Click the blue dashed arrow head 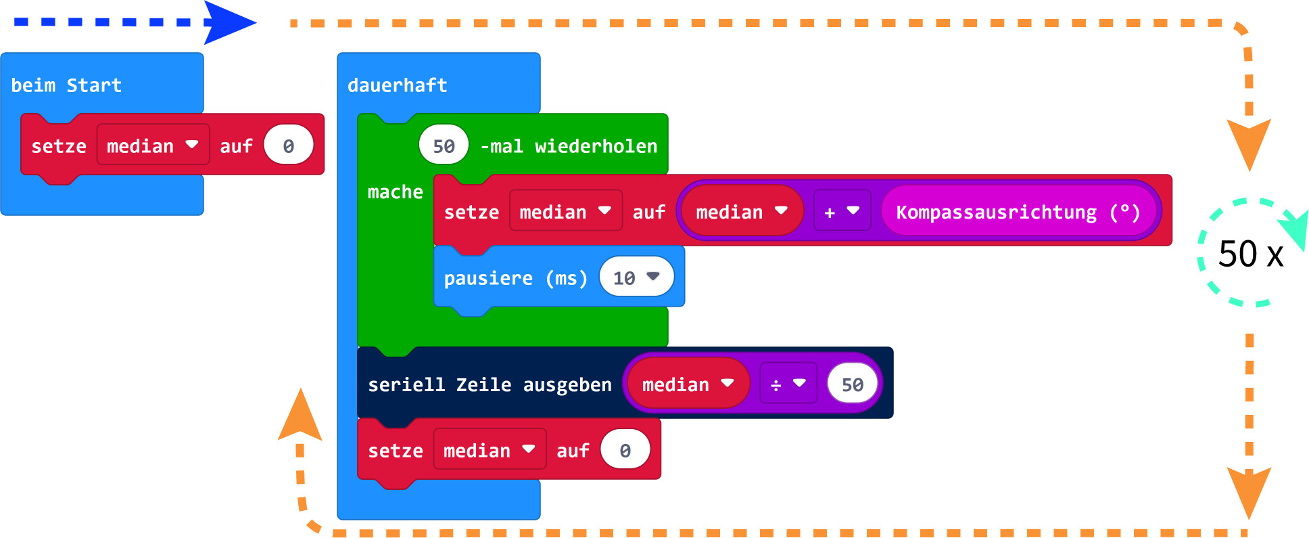pyautogui.click(x=229, y=22)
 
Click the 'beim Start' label pyautogui.click(x=66, y=85)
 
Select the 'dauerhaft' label pyautogui.click(x=398, y=85)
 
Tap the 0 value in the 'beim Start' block pyautogui.click(x=289, y=145)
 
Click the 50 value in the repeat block pyautogui.click(x=444, y=145)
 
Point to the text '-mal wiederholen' pyautogui.click(x=569, y=146)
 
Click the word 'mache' pyautogui.click(x=395, y=192)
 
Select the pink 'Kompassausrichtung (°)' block pyautogui.click(x=1018, y=212)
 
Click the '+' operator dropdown pyautogui.click(x=842, y=212)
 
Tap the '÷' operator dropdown pyautogui.click(x=788, y=384)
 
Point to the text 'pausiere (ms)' pyautogui.click(x=515, y=278)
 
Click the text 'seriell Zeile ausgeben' pyautogui.click(x=490, y=384)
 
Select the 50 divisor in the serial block pyautogui.click(x=853, y=384)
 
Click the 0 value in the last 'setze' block pyautogui.click(x=625, y=450)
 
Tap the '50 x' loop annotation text pyautogui.click(x=1251, y=254)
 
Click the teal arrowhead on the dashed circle pyautogui.click(x=1294, y=229)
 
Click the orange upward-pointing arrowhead pyautogui.click(x=300, y=416)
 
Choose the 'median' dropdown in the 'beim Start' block pyautogui.click(x=153, y=145)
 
